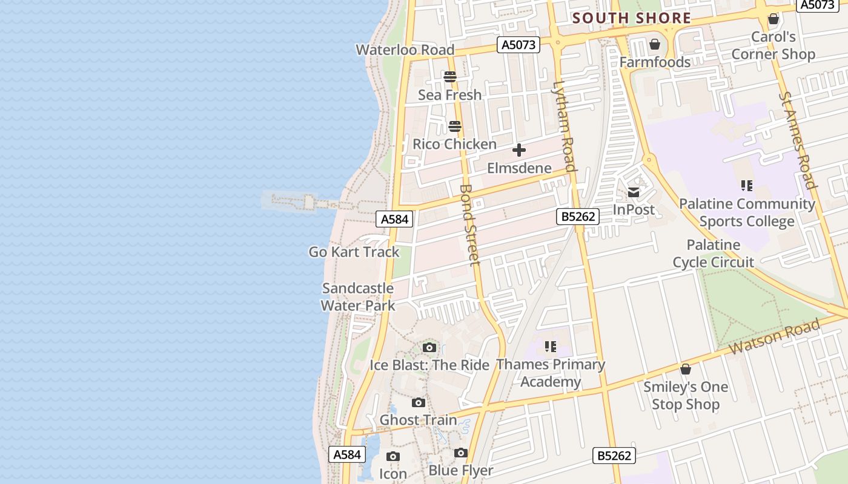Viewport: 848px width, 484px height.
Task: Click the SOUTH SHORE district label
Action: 632,18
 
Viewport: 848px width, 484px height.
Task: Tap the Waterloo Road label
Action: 405,50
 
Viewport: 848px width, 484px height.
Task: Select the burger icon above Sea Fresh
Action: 449,77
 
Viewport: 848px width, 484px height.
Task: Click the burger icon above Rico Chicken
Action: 455,126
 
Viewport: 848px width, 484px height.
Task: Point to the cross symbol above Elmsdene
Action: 519,150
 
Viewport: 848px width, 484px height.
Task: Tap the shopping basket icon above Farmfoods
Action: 654,44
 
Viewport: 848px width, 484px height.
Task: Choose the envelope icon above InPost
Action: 634,192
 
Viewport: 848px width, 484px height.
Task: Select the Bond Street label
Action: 469,224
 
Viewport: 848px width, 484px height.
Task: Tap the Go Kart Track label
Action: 354,252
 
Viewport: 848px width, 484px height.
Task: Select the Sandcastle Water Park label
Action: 358,296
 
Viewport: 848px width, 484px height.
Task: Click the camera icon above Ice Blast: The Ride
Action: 429,347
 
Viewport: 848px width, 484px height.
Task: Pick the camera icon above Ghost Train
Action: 418,402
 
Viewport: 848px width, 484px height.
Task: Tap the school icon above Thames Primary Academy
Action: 550,347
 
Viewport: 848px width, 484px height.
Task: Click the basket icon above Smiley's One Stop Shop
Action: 686,369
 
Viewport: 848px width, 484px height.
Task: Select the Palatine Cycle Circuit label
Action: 714,253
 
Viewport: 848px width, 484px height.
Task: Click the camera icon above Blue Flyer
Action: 461,453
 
